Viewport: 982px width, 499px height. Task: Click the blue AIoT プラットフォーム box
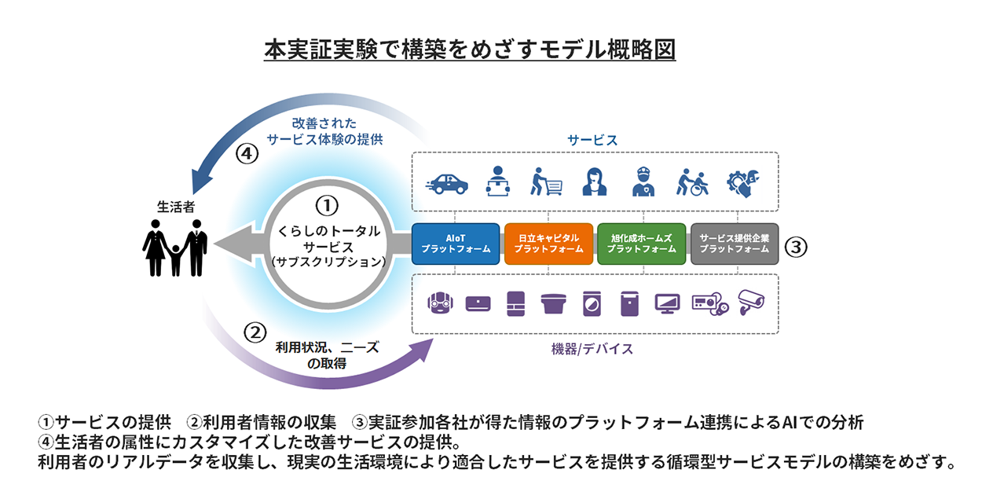456,244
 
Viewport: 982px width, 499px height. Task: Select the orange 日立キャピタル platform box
548,244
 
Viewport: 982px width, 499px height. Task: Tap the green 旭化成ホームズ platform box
641,244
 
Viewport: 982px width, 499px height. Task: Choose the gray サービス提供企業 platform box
735,244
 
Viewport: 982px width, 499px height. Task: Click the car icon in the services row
447,184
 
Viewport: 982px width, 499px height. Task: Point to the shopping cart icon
546,182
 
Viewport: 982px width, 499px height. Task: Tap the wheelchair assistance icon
692,182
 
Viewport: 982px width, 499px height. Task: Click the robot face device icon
440,303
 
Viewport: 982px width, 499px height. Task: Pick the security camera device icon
751,302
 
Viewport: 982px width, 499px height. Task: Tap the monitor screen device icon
667,303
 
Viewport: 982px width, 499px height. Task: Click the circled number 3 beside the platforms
795,247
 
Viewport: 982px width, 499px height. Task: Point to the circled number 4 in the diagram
247,153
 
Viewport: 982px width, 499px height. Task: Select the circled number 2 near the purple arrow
255,333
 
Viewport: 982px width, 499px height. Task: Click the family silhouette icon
175,248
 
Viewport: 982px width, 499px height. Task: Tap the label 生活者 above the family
176,207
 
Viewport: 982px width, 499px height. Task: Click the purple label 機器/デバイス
592,349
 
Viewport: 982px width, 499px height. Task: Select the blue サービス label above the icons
592,140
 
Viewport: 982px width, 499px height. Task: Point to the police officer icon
643,182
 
